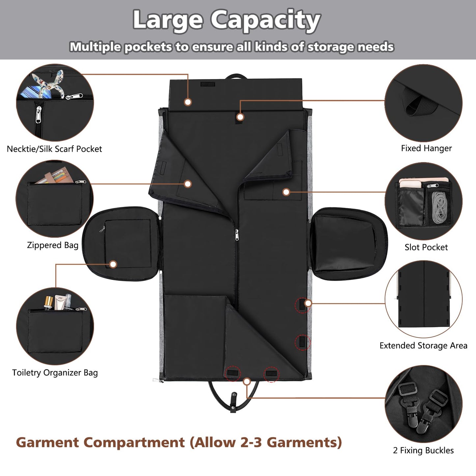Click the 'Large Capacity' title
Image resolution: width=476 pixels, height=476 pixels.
click(226, 20)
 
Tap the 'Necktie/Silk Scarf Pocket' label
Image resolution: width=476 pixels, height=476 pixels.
click(54, 149)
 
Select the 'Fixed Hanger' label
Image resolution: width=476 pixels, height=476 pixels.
click(426, 148)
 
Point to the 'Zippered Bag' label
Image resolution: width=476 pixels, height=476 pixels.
click(53, 245)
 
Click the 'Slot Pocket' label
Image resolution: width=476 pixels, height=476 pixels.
click(426, 247)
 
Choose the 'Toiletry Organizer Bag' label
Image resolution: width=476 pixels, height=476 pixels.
click(55, 373)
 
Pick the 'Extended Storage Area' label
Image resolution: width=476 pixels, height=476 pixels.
click(423, 346)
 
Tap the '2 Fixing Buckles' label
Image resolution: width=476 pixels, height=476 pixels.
click(423, 450)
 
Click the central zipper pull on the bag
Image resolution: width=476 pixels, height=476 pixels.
click(237, 235)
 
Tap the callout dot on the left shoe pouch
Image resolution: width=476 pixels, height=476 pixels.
click(113, 264)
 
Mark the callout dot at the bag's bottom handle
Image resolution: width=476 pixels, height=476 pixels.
click(247, 381)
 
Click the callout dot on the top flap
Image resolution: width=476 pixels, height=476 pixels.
click(188, 102)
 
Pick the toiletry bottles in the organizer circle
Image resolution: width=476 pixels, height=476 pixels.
click(58, 302)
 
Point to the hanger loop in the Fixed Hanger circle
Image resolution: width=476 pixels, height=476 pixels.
click(417, 103)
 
